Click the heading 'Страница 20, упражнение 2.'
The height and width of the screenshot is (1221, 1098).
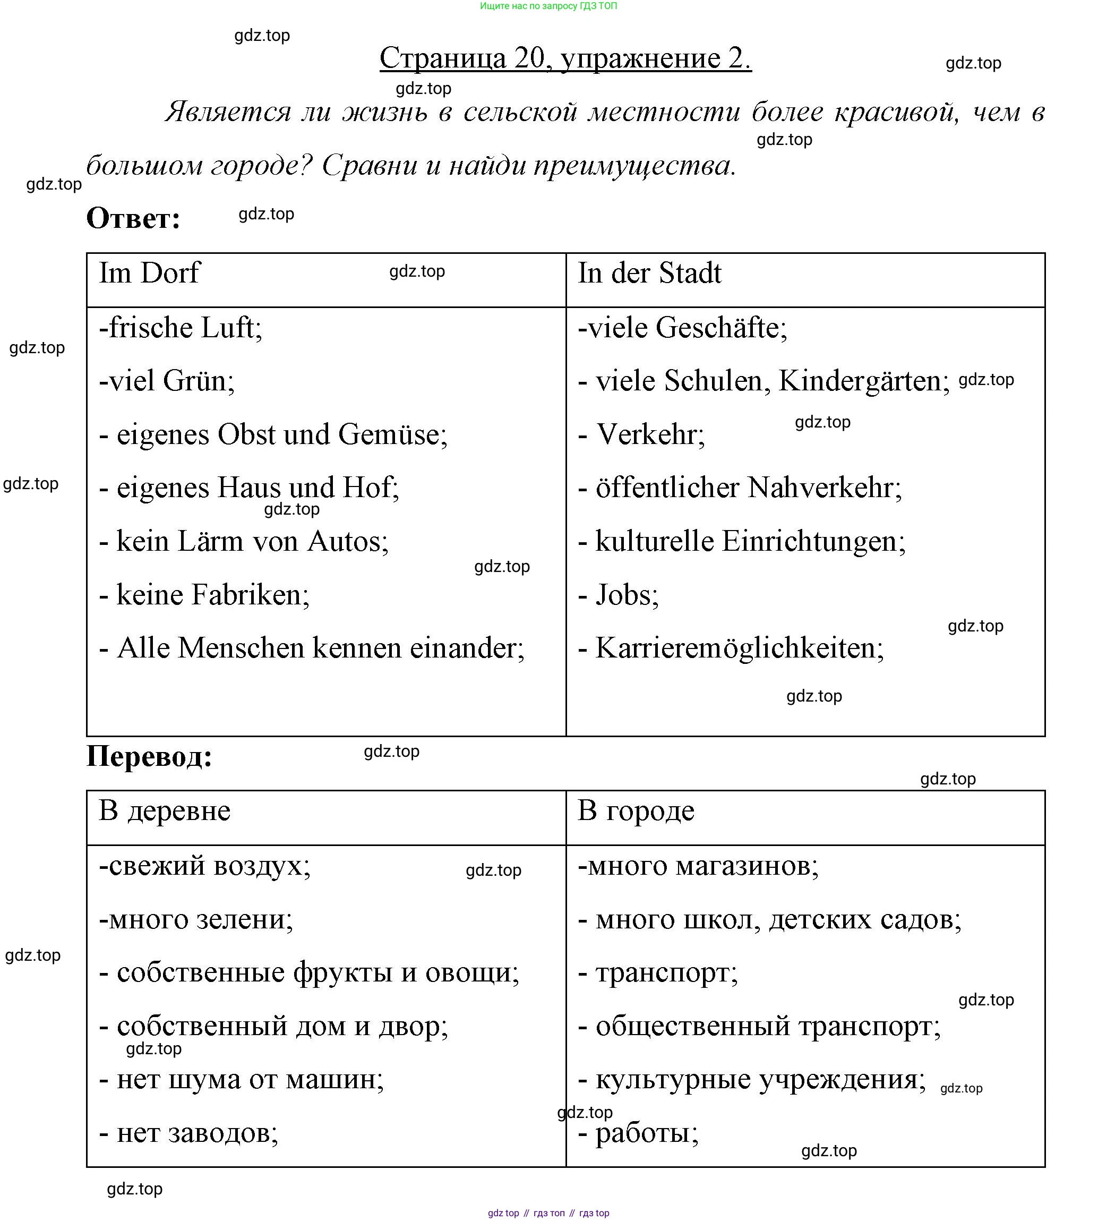[565, 58]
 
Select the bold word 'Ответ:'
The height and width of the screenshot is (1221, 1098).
[133, 218]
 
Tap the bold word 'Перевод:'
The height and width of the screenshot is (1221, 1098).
[149, 756]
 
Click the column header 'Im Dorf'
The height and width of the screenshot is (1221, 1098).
[149, 273]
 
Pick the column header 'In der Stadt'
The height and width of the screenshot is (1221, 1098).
[649, 273]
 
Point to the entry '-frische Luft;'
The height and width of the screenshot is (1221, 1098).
[181, 328]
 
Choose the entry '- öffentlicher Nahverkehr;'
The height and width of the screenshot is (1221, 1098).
[740, 488]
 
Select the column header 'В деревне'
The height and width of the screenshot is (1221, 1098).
[164, 810]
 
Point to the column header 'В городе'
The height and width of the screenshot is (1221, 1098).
[636, 810]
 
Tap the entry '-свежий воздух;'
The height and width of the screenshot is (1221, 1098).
[204, 866]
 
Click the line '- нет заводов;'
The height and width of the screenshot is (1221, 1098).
[188, 1132]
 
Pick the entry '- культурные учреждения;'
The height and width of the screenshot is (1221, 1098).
[752, 1079]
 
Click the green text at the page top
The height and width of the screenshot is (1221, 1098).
[548, 6]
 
